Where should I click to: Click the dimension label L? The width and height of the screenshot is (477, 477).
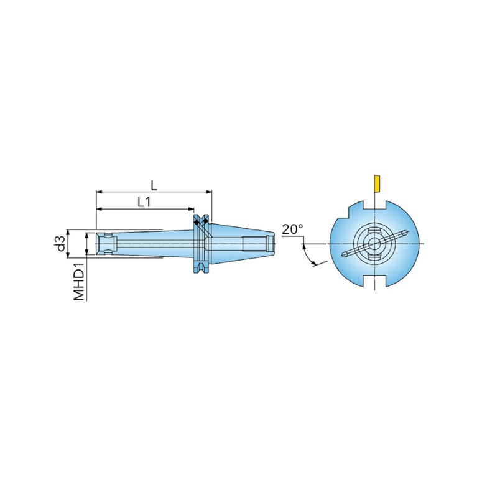pos(154,185)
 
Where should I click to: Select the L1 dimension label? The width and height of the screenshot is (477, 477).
pos(144,202)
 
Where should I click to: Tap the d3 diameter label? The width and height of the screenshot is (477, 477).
pos(61,243)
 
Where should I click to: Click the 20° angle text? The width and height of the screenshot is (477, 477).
pos(292,229)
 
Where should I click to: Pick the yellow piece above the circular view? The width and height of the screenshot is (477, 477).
pos(377,183)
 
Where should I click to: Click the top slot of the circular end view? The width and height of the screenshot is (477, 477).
pos(374,205)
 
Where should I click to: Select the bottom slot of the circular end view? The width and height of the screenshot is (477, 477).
pos(374,281)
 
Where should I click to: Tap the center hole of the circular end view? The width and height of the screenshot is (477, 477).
pos(374,244)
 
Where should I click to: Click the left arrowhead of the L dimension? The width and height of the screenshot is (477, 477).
pos(98,192)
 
